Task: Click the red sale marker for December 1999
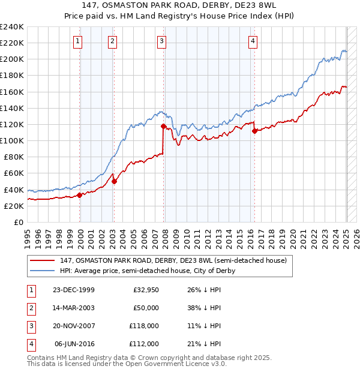(80, 195)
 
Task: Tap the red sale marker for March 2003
(114, 181)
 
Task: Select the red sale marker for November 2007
(163, 126)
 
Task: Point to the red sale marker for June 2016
(254, 131)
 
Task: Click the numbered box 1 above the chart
(79, 41)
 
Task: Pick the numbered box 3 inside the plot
(162, 41)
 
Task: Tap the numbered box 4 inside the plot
(253, 41)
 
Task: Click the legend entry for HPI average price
(147, 271)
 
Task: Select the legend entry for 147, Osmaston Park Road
(173, 260)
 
